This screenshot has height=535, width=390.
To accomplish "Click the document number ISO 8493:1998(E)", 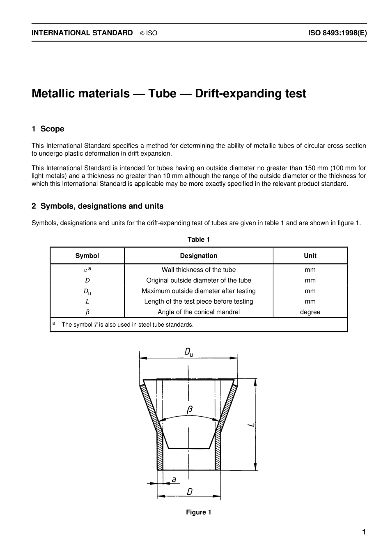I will click(337, 33).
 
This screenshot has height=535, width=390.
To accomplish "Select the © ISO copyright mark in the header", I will click(149, 33).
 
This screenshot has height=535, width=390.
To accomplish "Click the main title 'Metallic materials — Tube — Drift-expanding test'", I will click(169, 94).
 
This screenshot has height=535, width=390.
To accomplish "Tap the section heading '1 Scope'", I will click(48, 129).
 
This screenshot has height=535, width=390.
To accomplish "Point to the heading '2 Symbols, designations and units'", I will click(97, 206).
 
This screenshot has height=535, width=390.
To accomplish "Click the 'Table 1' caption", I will click(198, 240).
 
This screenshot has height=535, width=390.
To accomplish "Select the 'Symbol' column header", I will click(87, 256).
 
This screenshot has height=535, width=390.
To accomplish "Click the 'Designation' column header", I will click(199, 256).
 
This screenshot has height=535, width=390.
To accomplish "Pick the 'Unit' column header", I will click(310, 256).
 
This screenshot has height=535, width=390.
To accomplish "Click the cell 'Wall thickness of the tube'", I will click(199, 270).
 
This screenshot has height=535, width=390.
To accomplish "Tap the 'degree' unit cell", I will click(310, 312).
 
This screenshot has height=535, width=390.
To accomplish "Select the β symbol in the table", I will click(87, 312).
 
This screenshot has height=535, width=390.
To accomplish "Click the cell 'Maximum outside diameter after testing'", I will click(199, 291).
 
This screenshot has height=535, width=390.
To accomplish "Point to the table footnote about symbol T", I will click(127, 325).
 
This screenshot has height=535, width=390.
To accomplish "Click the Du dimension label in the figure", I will click(188, 352).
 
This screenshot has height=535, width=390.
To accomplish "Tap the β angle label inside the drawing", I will click(189, 410).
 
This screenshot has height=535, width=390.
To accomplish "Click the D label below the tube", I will click(189, 491).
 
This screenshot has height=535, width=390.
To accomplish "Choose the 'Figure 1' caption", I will click(198, 512).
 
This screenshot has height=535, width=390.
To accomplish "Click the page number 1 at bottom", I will click(363, 532).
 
